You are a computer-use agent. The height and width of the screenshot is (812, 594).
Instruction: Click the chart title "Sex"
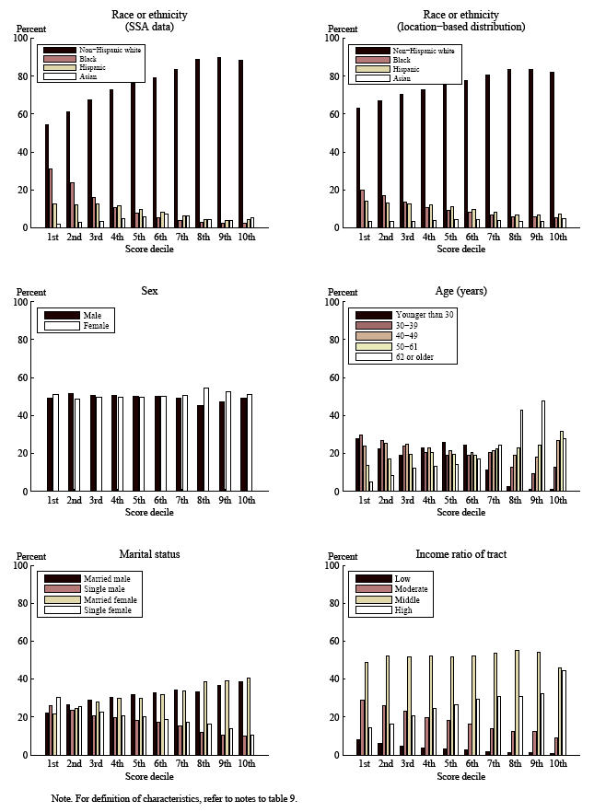(x=150, y=291)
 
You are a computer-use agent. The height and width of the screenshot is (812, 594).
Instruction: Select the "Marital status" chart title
(x=149, y=554)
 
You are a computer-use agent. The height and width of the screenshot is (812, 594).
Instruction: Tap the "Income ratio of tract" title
(x=460, y=554)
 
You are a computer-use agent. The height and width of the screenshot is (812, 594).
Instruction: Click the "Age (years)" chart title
(x=460, y=291)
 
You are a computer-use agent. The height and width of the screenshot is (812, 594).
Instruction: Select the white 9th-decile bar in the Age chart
(x=544, y=446)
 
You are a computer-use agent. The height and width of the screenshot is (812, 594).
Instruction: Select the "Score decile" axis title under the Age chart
(x=460, y=513)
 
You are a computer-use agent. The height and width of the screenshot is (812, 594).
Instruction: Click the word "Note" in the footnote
(x=62, y=798)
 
